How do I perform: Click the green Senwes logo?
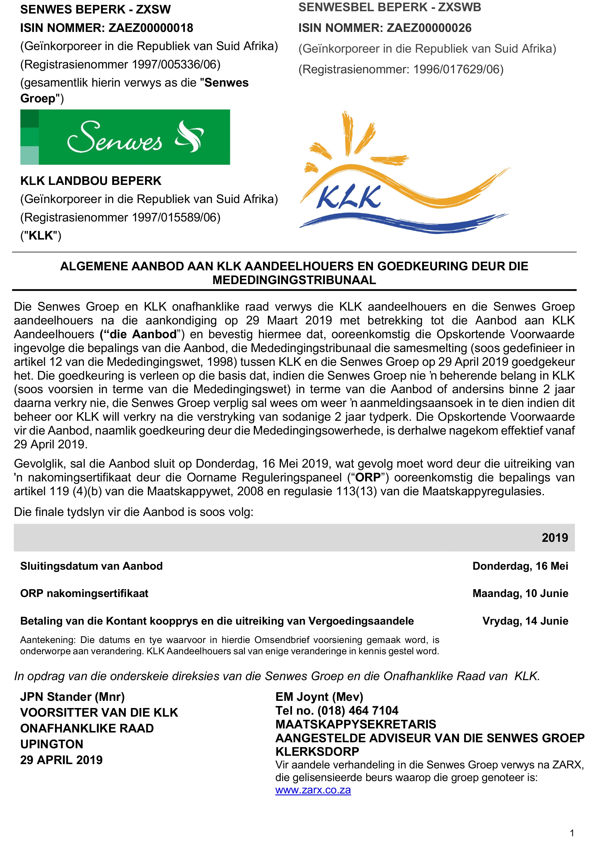pos(125,137)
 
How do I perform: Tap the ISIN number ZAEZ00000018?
pos(150,28)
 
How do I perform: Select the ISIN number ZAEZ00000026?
pos(429,28)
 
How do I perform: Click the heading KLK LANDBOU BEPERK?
pos(91,181)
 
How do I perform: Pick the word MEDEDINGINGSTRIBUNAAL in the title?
pos(294,280)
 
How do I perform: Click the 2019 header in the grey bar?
pos(555,537)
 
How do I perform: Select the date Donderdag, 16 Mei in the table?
pos(520,566)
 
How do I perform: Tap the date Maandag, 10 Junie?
pos(520,593)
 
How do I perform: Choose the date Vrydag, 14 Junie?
pos(525,621)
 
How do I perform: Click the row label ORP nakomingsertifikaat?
pos(84,593)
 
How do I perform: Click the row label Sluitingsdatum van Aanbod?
pos(92,566)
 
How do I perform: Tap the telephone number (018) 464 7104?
pos(358,711)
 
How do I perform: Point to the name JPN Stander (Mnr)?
pos(72,697)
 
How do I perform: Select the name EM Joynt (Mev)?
pos(319,697)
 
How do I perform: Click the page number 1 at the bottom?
pos(572,833)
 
